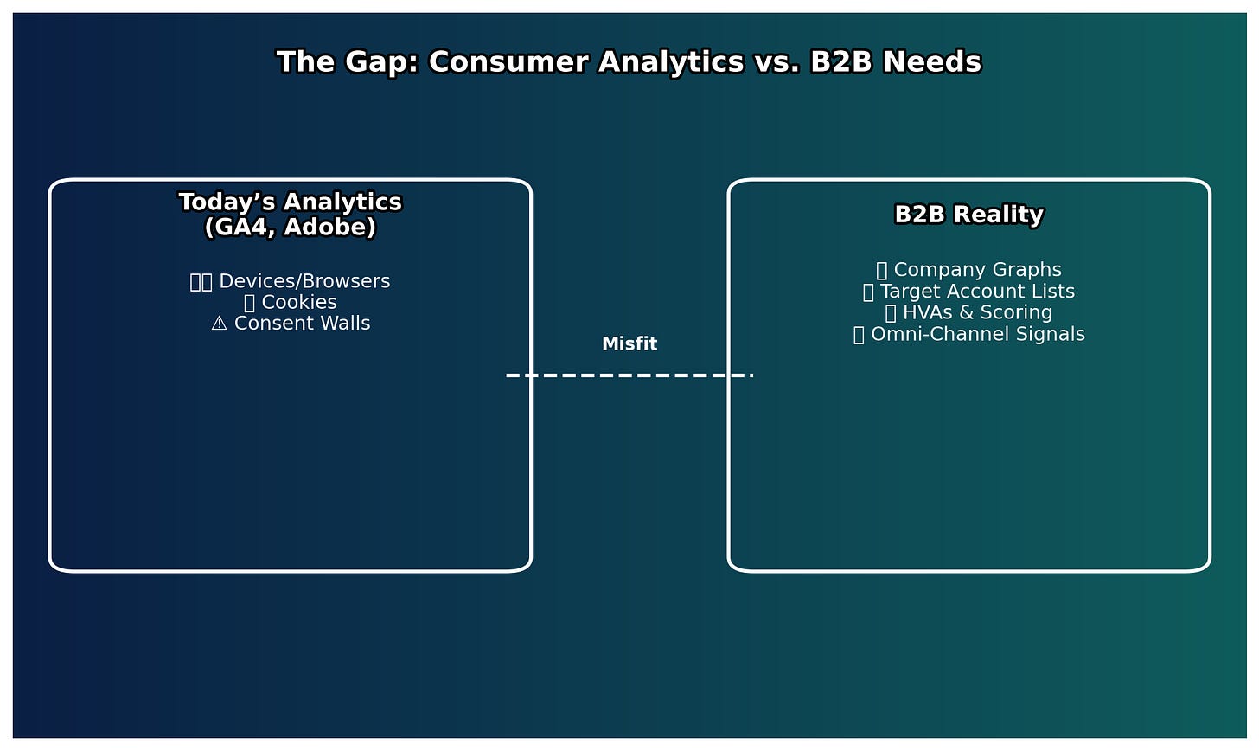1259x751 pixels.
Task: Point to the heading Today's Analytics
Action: [291, 202]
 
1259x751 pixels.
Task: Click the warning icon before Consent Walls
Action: [219, 324]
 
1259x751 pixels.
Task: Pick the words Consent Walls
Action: [302, 324]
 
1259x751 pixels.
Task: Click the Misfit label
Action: [629, 344]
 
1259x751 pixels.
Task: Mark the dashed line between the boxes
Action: [629, 375]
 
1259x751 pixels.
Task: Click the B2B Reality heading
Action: [968, 215]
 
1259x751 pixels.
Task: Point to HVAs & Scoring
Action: [977, 312]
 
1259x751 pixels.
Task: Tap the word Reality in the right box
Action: [1004, 215]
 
